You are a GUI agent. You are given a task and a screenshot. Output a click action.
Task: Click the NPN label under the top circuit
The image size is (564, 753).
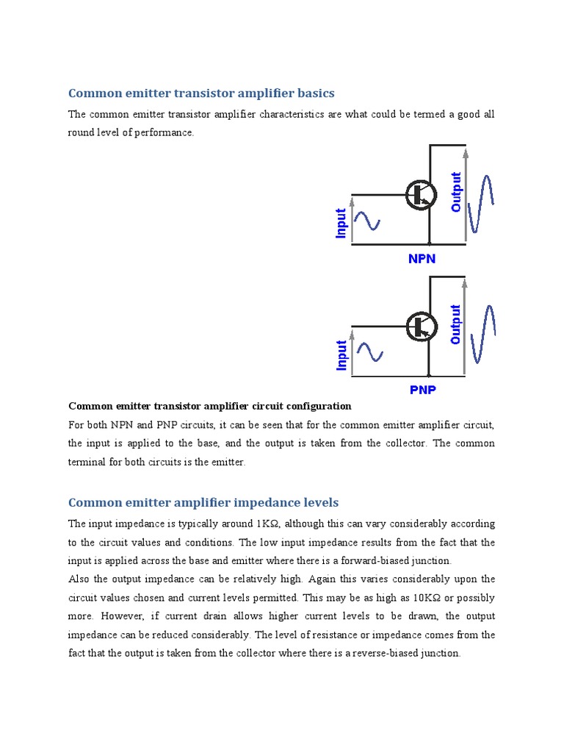[422, 259]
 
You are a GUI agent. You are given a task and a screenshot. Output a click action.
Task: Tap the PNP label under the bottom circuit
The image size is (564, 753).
[422, 390]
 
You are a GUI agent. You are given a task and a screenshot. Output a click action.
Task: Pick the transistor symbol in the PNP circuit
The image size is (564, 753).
[422, 326]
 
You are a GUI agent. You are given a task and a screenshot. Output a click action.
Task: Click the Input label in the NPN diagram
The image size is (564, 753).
[341, 224]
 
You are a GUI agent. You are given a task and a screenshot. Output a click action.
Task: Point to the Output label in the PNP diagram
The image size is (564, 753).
[456, 324]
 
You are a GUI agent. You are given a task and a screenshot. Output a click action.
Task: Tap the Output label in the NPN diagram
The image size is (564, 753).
[456, 192]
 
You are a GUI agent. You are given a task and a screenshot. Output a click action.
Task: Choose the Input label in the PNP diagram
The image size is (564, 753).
[341, 355]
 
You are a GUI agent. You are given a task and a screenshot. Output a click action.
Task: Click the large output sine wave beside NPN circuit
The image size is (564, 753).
[482, 203]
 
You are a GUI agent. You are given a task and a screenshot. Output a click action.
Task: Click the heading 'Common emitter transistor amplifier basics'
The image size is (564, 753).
[201, 93]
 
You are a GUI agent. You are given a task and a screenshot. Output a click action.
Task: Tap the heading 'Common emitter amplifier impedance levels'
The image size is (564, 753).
[203, 503]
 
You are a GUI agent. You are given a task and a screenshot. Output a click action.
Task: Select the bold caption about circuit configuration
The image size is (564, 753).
[210, 406]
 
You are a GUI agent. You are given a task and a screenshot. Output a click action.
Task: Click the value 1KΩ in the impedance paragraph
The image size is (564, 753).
[269, 524]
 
